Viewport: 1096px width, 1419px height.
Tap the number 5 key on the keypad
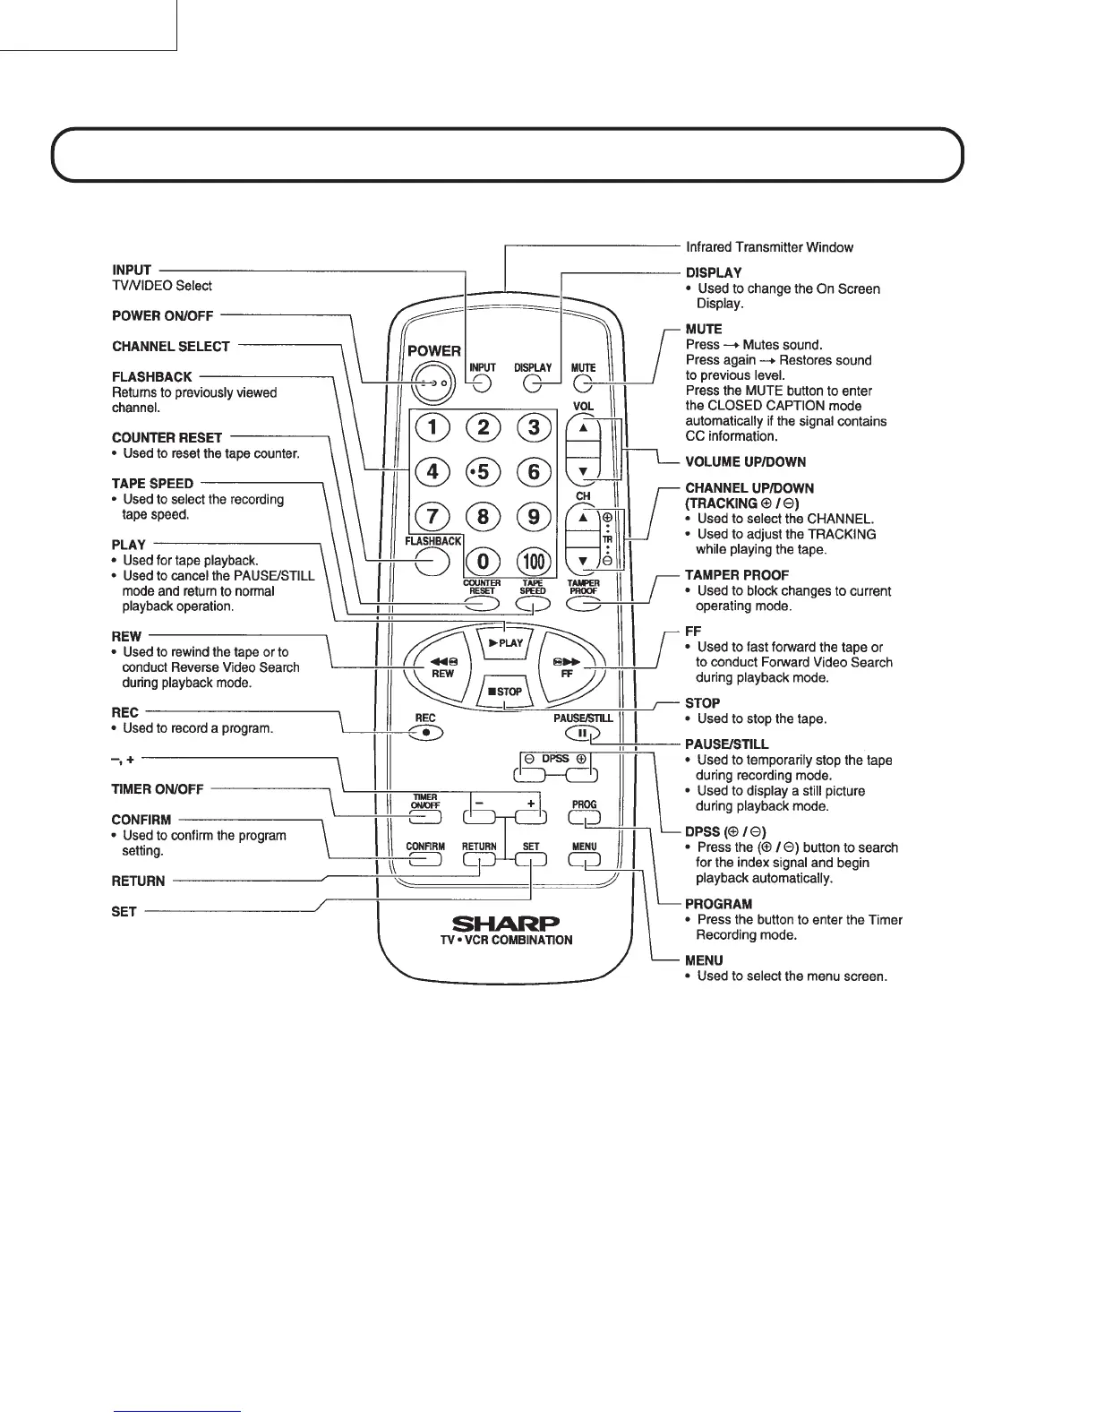[484, 471]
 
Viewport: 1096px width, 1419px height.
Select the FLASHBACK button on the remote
[432, 561]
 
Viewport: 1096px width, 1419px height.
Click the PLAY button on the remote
[506, 642]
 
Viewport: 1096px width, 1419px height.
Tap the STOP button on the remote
[505, 692]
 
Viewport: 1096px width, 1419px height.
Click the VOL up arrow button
[583, 428]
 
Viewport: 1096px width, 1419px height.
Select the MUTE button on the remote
[584, 384]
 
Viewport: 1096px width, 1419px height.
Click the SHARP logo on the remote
[506, 924]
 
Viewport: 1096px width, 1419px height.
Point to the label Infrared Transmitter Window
[769, 247]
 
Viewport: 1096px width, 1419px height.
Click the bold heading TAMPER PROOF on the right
[736, 575]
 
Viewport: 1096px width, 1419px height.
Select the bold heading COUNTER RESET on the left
[167, 438]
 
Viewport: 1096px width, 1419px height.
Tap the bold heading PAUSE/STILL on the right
[726, 744]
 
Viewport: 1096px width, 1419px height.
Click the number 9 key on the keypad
[534, 517]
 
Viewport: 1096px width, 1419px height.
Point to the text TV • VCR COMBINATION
[506, 941]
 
